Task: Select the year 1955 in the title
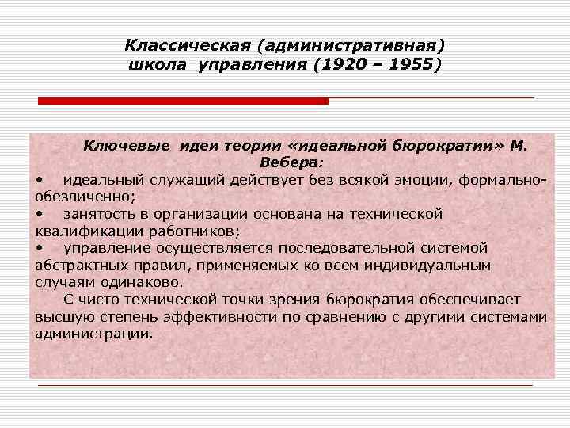click(405, 64)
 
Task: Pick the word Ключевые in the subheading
click(127, 146)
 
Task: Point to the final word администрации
click(94, 334)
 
